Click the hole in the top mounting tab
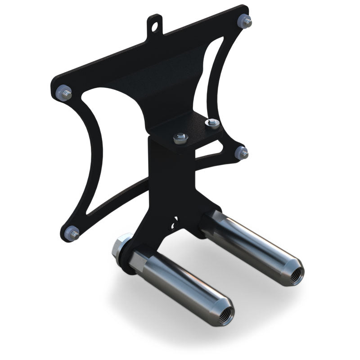pos(156,26)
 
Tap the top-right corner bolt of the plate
pos(246,21)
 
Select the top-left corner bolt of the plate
pos(64,93)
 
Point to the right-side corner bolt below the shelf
pos(242,153)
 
